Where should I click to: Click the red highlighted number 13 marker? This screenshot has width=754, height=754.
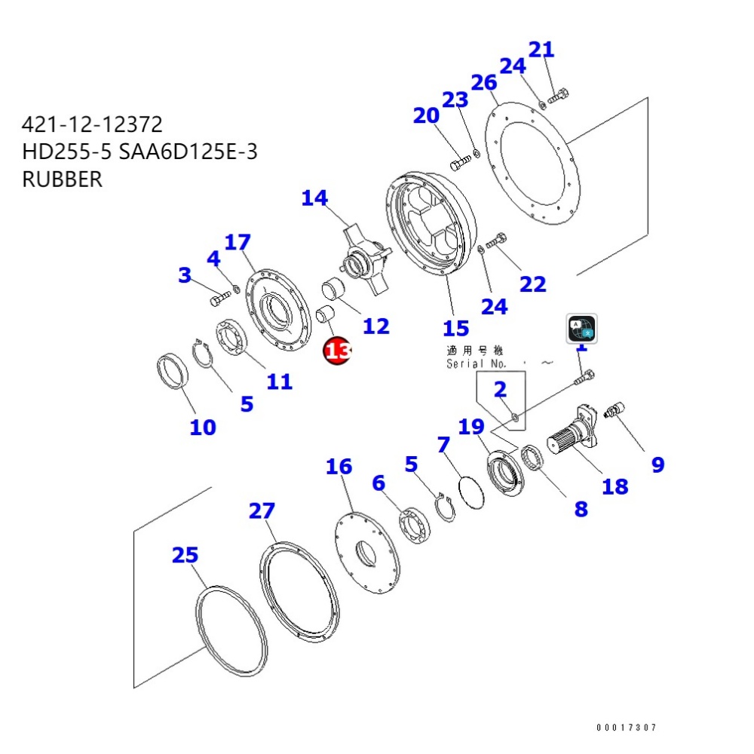337,351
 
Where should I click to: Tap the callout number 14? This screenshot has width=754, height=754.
314,198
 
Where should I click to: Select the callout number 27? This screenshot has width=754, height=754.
262,511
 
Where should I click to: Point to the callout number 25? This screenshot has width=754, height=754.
185,556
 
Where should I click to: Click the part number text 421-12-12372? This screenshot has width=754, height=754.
92,124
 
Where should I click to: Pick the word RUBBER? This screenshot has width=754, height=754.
63,180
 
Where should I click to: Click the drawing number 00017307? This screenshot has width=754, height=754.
626,728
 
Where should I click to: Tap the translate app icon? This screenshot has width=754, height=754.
581,329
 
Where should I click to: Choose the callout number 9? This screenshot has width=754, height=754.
657,465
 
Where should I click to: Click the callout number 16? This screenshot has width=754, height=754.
339,467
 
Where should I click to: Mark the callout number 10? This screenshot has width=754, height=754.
203,428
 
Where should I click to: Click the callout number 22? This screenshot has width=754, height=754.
532,284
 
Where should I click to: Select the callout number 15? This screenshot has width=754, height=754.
455,328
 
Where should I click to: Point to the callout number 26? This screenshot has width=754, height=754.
484,82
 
